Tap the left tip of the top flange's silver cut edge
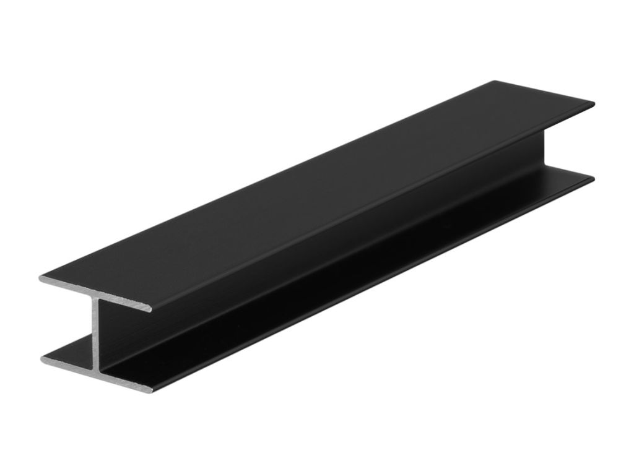(41, 278)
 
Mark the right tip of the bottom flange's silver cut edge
(149, 389)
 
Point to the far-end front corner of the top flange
(593, 104)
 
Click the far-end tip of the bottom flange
(593, 179)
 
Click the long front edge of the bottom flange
(371, 285)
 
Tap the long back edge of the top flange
(266, 179)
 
